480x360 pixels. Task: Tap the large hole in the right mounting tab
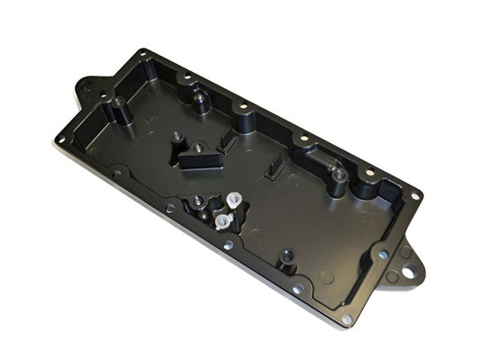(x=407, y=267)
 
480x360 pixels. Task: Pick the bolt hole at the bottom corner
(x=346, y=318)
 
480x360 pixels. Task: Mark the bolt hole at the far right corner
(x=414, y=195)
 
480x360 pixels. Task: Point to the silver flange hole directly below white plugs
(x=228, y=245)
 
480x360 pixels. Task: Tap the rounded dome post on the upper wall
(x=195, y=97)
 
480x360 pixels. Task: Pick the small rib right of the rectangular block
(x=227, y=142)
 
